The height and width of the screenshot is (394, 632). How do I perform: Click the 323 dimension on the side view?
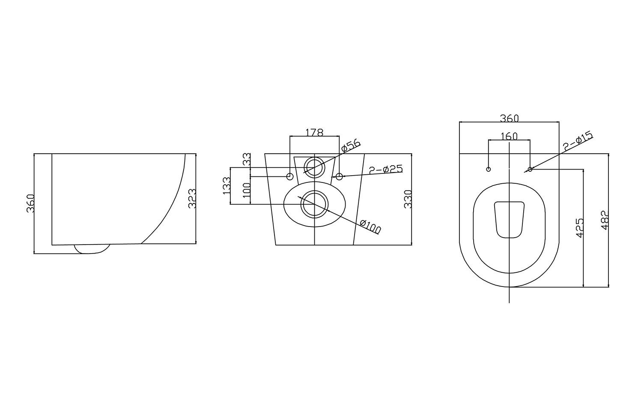[192, 199]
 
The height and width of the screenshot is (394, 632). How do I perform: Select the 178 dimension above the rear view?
[314, 132]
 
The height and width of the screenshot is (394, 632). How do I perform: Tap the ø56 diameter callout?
[351, 146]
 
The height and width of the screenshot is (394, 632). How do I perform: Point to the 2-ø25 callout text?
[386, 169]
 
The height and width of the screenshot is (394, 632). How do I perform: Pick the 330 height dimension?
[408, 199]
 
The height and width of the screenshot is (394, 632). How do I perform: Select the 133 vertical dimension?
[227, 185]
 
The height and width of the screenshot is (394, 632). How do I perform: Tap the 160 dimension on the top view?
[509, 136]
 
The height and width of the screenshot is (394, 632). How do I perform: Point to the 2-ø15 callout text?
[578, 141]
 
